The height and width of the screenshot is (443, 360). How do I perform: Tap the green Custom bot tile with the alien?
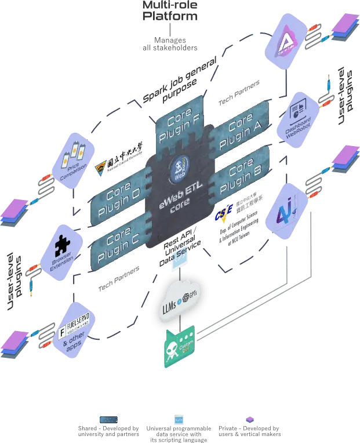point(180,346)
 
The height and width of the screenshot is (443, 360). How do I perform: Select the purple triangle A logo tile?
point(289,38)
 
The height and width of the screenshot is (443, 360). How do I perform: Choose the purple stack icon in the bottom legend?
point(249,419)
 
